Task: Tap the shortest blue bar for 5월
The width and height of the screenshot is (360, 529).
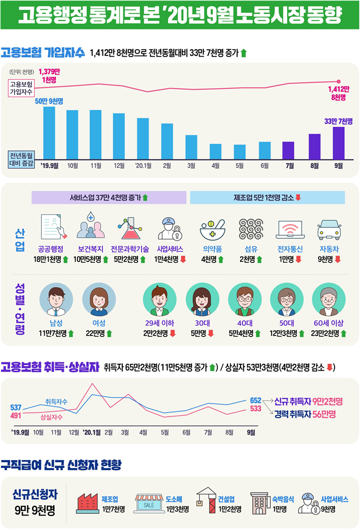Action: click(x=239, y=152)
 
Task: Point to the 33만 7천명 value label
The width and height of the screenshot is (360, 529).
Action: click(x=338, y=121)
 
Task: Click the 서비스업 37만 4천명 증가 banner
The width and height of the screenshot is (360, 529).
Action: click(x=109, y=197)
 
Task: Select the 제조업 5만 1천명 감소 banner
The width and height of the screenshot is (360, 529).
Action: click(x=267, y=197)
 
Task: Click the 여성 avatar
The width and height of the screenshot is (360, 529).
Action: click(x=98, y=300)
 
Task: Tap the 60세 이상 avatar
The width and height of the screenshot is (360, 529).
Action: click(x=329, y=300)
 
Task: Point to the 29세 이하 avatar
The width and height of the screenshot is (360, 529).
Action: click(x=160, y=300)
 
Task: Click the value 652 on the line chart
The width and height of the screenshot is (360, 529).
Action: click(x=255, y=400)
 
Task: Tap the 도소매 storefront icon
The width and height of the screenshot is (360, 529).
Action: click(x=149, y=502)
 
